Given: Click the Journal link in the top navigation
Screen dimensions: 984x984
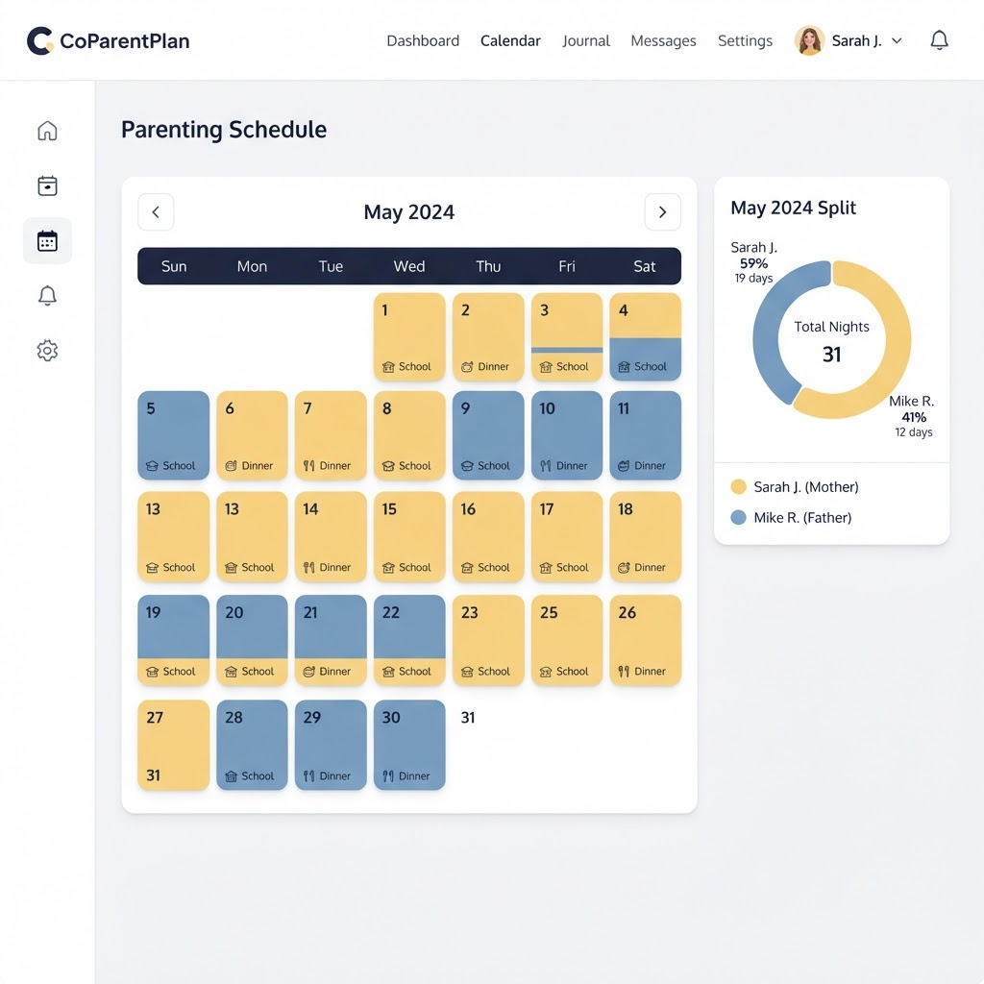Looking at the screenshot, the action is tap(585, 40).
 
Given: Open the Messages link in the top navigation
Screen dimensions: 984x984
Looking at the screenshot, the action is tap(663, 40).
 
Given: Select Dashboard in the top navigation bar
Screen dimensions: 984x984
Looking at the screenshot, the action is tap(423, 40).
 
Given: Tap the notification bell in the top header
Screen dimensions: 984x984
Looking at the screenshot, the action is tap(939, 40).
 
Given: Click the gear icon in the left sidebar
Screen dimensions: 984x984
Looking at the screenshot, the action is tap(47, 350).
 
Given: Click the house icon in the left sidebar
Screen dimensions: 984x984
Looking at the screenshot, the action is tap(47, 131).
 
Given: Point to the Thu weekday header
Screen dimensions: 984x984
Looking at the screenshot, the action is tap(488, 266).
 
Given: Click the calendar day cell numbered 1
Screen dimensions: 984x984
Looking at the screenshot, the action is tap(409, 337).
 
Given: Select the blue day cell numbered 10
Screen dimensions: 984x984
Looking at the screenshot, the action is tap(567, 435).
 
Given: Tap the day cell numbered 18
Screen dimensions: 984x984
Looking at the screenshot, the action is tap(645, 536).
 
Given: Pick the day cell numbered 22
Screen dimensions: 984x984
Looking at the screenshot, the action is tap(409, 640).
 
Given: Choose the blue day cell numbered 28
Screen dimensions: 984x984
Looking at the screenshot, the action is tap(252, 745).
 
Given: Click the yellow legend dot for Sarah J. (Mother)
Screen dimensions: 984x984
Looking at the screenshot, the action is tap(739, 487).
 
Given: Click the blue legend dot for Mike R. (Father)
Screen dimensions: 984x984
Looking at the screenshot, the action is tap(739, 517).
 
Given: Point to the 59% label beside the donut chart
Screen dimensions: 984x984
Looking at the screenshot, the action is tap(753, 263).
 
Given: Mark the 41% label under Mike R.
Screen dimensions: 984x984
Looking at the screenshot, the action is tap(914, 417).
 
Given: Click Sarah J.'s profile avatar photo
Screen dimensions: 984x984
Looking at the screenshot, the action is tap(809, 40).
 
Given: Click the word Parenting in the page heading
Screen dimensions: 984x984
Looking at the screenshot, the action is tap(172, 130).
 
